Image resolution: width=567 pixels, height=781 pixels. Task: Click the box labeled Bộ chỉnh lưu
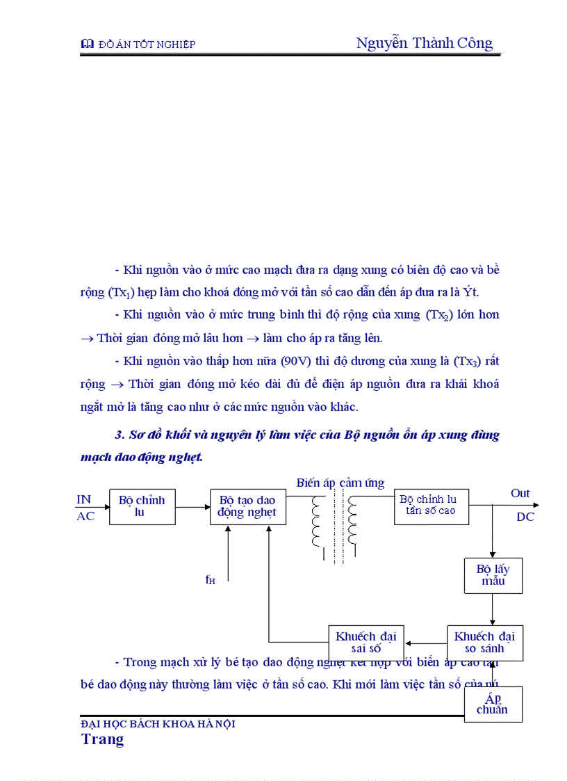142,506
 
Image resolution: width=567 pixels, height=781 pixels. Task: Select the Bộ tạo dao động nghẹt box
247,506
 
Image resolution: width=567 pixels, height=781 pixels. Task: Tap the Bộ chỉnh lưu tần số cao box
431,506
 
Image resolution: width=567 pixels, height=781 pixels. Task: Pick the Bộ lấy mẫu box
493,575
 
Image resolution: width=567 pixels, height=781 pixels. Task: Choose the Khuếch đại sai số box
365,643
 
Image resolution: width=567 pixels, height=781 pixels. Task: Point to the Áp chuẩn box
493,704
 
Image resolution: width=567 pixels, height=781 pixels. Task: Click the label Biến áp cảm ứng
340,483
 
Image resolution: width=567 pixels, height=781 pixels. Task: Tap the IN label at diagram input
84,499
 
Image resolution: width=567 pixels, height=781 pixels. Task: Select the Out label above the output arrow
520,493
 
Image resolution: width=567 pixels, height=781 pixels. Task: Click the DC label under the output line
525,517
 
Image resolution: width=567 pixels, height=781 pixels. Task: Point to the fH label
210,579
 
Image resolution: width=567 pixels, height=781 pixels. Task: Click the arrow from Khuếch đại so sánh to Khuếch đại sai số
426,643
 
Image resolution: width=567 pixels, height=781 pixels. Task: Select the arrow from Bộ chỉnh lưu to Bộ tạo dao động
192,506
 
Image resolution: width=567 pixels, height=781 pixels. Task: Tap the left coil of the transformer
318,522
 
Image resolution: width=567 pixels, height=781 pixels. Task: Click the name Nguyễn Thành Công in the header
424,43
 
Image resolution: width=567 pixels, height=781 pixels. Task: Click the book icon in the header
88,45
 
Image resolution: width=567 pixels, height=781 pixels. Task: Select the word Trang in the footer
103,739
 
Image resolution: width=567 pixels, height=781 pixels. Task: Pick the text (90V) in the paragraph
299,361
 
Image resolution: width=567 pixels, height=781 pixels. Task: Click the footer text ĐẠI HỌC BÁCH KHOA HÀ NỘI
158,724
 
